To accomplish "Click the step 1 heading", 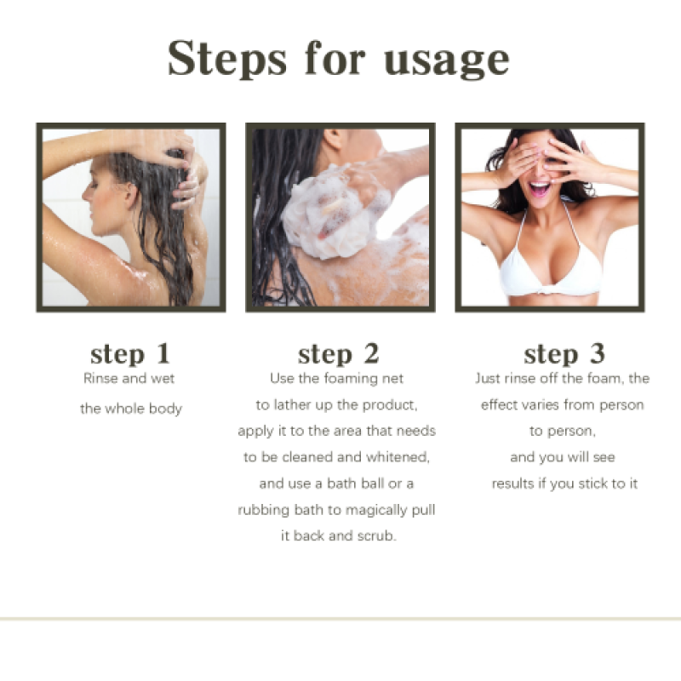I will pyautogui.click(x=130, y=354).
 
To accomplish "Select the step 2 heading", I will pyautogui.click(x=338, y=354).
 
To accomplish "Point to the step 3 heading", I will pyautogui.click(x=564, y=354).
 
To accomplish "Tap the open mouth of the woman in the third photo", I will pyautogui.click(x=539, y=186).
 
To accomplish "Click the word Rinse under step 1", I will pyautogui.click(x=100, y=378).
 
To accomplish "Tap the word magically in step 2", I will pyautogui.click(x=366, y=510).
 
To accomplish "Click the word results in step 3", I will pyautogui.click(x=512, y=484).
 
